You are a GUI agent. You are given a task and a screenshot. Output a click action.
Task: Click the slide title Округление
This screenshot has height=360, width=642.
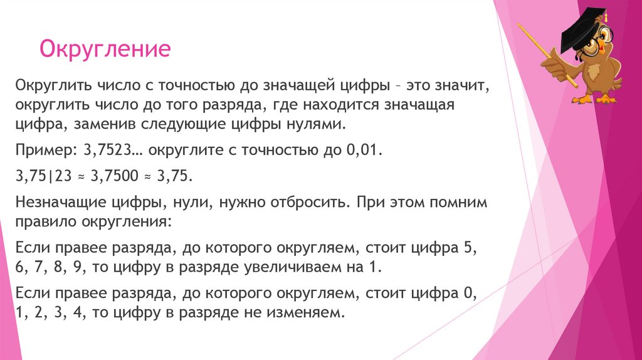(105, 49)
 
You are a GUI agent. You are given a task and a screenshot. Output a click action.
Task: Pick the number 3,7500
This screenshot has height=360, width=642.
(115, 177)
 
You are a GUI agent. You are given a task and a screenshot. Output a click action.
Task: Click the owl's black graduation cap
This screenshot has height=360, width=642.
(582, 31)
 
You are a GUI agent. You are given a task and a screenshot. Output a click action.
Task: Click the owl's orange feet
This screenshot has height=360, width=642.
(596, 98)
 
